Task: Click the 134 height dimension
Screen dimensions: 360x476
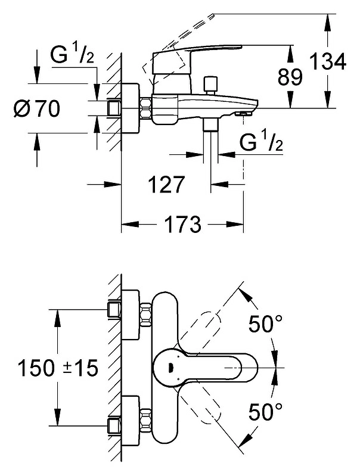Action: tap(328, 61)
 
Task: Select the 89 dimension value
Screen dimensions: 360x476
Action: tap(290, 77)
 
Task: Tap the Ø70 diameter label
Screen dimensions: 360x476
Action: tap(37, 108)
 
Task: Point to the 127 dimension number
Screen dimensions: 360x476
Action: tap(166, 184)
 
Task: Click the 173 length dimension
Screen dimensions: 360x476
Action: tap(183, 225)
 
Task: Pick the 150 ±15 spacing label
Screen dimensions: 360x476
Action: tap(58, 368)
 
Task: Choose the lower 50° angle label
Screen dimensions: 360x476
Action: tap(266, 411)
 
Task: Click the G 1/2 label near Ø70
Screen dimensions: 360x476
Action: tap(72, 55)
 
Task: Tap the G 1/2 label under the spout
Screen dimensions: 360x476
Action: tap(261, 142)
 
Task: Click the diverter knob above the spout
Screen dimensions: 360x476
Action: tap(211, 85)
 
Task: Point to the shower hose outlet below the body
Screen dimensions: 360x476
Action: tap(211, 125)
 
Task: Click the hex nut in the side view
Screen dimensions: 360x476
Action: tap(147, 108)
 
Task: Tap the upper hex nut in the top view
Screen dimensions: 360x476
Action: tap(147, 315)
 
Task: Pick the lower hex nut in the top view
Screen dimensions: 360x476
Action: tap(147, 421)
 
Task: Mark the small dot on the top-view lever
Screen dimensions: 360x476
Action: tap(170, 368)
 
